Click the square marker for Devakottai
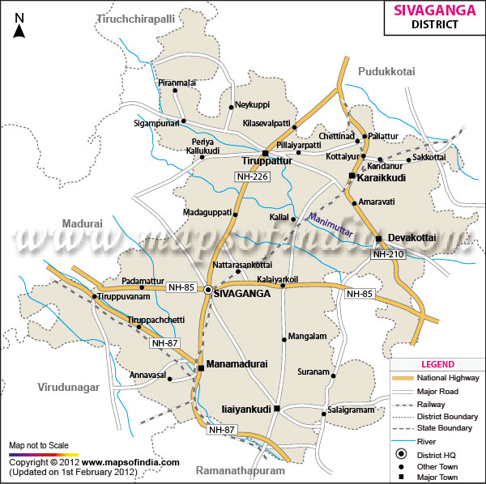(x=378, y=238)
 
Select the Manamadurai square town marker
(x=201, y=368)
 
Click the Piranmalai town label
(x=177, y=83)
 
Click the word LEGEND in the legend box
(x=438, y=364)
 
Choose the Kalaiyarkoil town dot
(x=283, y=286)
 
